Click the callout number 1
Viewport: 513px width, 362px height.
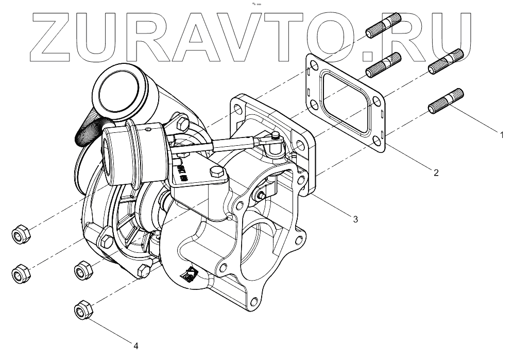pos(501,135)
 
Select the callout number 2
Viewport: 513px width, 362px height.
pos(436,173)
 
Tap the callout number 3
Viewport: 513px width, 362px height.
pos(355,219)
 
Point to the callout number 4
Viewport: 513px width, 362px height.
pos(136,346)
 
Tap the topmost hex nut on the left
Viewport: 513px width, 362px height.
pos(21,235)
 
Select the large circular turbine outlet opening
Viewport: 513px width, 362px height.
pos(265,242)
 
